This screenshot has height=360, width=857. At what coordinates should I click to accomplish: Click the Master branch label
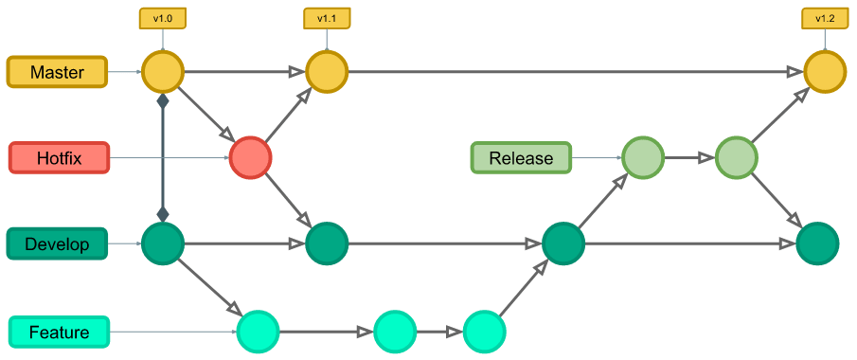(x=58, y=72)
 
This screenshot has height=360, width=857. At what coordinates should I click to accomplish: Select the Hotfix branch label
(x=58, y=158)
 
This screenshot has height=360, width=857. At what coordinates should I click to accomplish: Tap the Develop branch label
(x=58, y=244)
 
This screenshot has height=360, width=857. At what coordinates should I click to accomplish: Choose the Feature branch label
(x=59, y=333)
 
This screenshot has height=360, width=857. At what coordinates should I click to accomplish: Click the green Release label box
(x=521, y=157)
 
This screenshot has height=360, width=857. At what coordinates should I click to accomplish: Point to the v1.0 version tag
(x=162, y=17)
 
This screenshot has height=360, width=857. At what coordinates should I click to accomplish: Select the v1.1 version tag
(x=327, y=17)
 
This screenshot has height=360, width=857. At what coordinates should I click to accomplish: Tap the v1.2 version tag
(x=825, y=17)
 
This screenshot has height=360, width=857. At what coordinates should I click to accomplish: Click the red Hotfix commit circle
(x=250, y=157)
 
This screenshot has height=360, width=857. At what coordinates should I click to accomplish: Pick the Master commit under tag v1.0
(x=162, y=72)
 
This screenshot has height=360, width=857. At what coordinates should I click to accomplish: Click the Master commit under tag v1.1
(x=327, y=72)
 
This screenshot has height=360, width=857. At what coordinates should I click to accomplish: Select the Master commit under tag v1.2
(x=825, y=72)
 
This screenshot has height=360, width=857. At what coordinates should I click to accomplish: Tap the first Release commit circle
(x=643, y=157)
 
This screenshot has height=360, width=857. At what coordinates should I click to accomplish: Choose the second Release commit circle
(x=737, y=157)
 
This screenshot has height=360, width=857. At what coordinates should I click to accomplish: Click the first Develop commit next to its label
(x=162, y=244)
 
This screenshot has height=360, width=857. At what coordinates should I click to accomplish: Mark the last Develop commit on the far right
(x=817, y=244)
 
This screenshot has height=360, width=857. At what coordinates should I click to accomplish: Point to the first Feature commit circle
(x=258, y=332)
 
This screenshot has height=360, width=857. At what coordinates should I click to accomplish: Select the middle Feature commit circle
(x=395, y=332)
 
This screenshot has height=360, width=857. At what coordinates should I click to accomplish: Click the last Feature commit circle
(x=484, y=332)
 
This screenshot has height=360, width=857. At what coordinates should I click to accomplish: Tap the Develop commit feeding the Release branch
(x=563, y=244)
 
